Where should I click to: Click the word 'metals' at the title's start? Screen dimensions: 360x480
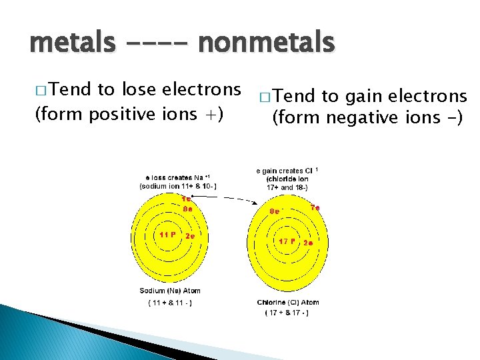70,44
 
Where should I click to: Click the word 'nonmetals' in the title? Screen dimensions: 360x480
267,44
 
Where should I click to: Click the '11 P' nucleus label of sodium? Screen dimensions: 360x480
167,234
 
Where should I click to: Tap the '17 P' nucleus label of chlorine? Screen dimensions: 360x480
287,241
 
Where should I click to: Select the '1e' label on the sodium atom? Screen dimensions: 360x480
187,199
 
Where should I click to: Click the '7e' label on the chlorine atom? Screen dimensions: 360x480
315,208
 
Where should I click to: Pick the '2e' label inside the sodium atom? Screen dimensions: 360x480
190,236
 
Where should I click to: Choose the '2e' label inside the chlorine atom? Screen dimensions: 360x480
309,243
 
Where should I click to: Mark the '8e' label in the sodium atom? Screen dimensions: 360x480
188,208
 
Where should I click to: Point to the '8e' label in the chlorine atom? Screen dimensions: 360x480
275,211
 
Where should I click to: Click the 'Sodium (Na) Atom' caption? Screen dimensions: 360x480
170,291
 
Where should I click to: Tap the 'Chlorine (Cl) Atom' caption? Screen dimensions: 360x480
288,302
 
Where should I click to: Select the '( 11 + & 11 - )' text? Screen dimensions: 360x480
170,303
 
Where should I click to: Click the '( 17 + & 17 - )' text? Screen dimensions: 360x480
288,313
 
